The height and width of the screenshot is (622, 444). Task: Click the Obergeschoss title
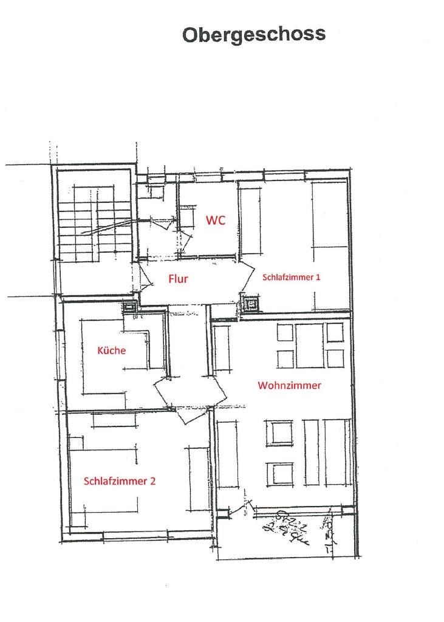click(x=254, y=35)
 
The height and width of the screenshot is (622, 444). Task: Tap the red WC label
click(x=216, y=220)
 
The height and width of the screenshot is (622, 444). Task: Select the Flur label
click(x=178, y=279)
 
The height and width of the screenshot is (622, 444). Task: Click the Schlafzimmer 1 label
click(x=291, y=277)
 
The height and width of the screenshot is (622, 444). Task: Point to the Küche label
click(x=112, y=350)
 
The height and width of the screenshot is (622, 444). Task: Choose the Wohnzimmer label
click(x=289, y=385)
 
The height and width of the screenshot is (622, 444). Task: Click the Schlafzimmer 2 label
click(x=120, y=481)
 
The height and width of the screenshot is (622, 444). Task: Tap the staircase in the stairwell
click(x=95, y=225)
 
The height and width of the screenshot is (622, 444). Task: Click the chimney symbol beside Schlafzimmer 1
click(x=250, y=304)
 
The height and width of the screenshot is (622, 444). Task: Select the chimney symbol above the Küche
click(x=130, y=307)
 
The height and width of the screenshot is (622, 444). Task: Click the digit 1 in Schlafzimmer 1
click(x=318, y=277)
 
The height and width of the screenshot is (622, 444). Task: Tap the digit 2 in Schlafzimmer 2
click(x=152, y=481)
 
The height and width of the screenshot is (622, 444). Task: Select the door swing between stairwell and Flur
click(x=146, y=278)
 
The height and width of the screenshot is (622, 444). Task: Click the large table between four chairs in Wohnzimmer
click(x=310, y=346)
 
